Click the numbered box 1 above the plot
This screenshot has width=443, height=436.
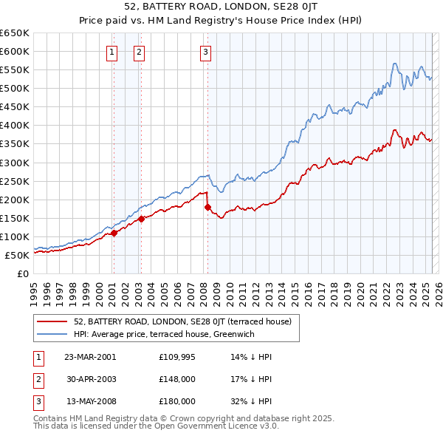(111, 52)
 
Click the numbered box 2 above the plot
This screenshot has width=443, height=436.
(139, 52)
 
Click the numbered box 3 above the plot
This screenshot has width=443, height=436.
(205, 52)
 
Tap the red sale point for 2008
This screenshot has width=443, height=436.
(207, 207)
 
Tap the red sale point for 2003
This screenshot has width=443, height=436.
(141, 219)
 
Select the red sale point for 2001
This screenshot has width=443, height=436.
(114, 233)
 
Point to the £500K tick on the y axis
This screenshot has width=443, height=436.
(16, 89)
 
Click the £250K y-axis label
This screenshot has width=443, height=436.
(16, 181)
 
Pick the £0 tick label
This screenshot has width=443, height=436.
(22, 274)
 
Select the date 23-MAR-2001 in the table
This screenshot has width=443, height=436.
(90, 356)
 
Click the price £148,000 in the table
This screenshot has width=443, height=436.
(177, 379)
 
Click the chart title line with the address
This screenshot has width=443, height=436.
(221, 9)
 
